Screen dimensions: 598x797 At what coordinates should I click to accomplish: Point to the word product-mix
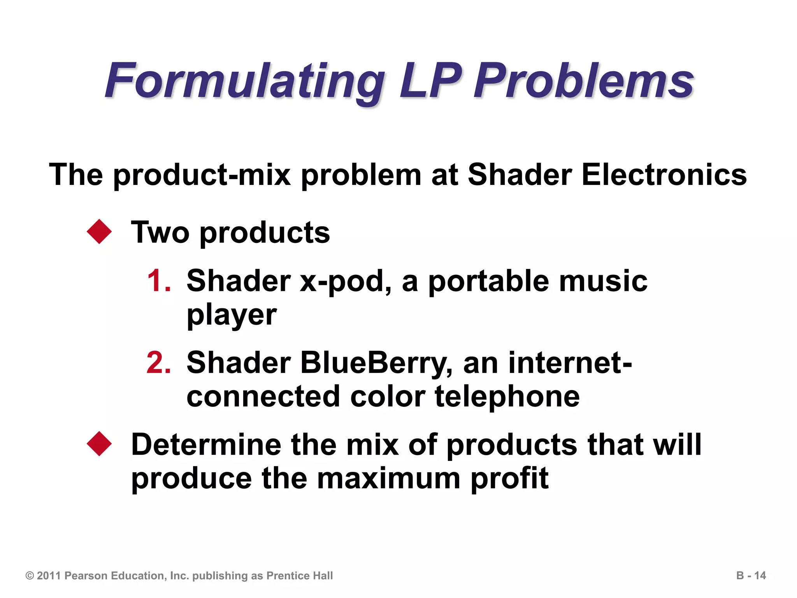coord(202,175)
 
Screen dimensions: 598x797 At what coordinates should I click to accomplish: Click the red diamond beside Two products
coord(99,232)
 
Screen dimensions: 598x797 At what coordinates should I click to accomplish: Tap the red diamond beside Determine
coord(99,444)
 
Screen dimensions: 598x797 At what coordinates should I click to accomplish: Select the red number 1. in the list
coord(159,281)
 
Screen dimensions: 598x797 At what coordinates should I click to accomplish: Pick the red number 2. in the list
coord(159,362)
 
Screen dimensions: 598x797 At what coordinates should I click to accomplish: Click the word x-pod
coord(345,281)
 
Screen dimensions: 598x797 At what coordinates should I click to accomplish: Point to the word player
coord(232,315)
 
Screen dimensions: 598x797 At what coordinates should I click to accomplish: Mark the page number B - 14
coord(751,575)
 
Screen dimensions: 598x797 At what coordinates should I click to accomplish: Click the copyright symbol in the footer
coord(30,576)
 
